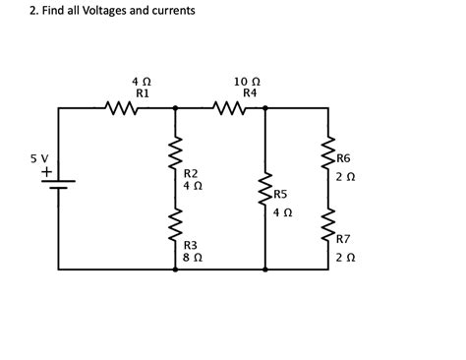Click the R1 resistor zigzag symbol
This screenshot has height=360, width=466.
coord(123,107)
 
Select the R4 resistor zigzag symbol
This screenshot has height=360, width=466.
coord(228,107)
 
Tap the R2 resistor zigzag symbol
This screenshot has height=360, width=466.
coord(175,154)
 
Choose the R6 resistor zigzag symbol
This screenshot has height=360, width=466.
coord(328,154)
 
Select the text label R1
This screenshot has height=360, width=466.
coord(142,91)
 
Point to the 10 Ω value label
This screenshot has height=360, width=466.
coord(248,80)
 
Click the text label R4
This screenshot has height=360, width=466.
coord(250,91)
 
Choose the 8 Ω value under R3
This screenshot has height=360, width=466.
coord(193,256)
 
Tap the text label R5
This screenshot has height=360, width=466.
coord(281,195)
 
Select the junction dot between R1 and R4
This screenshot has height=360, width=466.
coord(175,107)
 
